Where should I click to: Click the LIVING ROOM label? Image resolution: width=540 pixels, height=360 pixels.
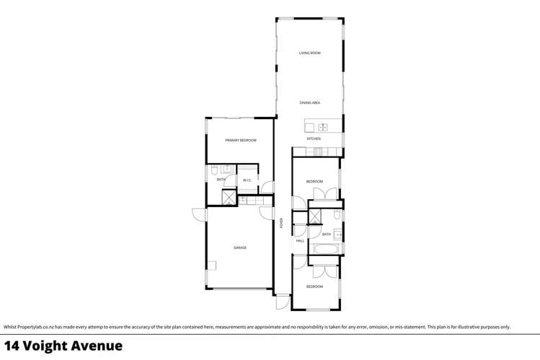tap(310, 53)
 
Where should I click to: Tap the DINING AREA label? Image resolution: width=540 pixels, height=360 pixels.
tap(310, 102)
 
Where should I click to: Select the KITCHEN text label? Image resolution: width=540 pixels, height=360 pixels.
tap(314, 139)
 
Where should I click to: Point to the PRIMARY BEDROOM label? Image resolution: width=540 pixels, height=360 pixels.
tap(240, 140)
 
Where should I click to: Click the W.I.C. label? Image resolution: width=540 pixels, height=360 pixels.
tap(247, 180)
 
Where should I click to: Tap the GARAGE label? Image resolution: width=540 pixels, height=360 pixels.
tap(240, 247)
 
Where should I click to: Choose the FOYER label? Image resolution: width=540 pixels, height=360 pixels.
tap(282, 223)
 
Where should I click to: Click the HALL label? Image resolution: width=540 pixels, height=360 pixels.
tap(299, 241)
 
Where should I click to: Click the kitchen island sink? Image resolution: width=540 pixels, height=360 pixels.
tap(323, 127)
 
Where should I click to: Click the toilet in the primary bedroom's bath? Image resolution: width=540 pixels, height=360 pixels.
tap(214, 171)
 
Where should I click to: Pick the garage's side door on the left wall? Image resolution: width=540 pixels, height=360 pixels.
tap(200, 215)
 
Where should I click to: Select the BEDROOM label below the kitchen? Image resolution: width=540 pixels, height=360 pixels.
tap(314, 181)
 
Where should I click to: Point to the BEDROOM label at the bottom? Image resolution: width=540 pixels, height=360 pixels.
tap(314, 286)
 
